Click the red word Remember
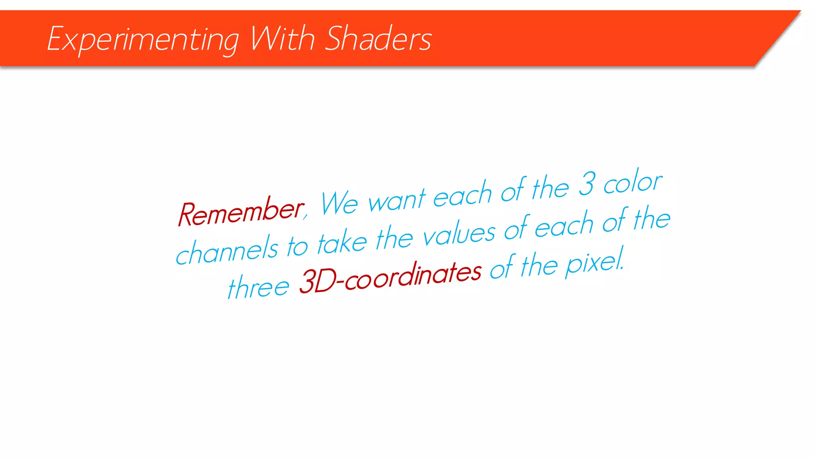(240, 212)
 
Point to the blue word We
(339, 203)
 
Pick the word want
(397, 199)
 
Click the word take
(342, 242)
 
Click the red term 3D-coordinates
(390, 277)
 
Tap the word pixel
(595, 262)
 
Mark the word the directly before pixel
(539, 265)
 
